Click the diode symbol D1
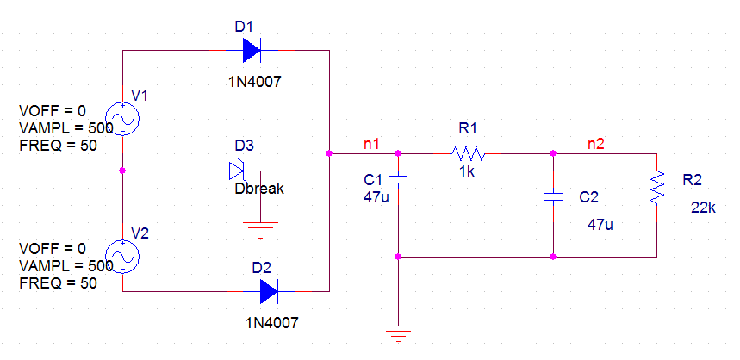(252, 51)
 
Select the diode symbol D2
(269, 291)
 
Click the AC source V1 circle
(122, 119)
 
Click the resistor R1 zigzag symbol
(467, 154)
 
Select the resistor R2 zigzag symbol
(656, 187)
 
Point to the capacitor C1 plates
(398, 179)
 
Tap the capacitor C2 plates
(553, 196)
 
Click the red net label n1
(372, 142)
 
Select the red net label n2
(595, 143)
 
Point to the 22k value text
(704, 208)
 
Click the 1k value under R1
(468, 171)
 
